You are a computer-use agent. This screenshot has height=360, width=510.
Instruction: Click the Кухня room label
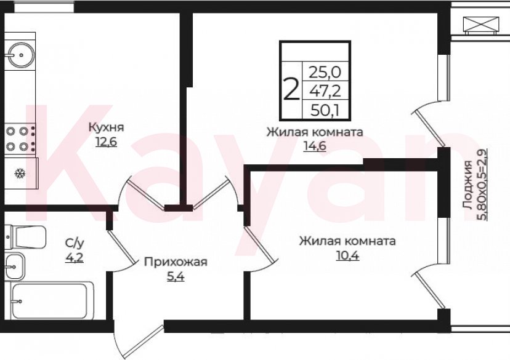click(x=107, y=128)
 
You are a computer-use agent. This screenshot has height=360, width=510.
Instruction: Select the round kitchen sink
click(x=21, y=54)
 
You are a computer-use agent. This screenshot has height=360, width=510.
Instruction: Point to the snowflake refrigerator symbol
click(x=19, y=173)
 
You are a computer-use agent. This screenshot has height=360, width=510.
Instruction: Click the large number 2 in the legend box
click(x=291, y=90)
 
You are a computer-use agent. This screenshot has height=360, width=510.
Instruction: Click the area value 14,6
click(x=314, y=146)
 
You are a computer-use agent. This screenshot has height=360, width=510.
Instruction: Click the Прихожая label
click(x=176, y=263)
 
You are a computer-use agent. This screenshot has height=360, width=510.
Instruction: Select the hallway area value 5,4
click(x=176, y=277)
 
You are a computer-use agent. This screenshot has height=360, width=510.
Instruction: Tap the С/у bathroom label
click(x=75, y=244)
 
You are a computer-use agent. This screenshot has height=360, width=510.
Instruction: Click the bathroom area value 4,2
click(x=75, y=257)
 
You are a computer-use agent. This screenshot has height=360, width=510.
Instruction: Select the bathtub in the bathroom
click(x=52, y=301)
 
